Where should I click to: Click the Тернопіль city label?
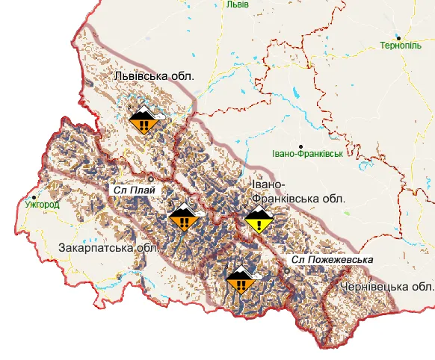click(x=401, y=45)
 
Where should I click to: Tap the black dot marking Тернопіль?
click(x=400, y=37)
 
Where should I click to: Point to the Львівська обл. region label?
click(x=154, y=76)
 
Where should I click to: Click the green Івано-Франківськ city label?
click(x=307, y=154)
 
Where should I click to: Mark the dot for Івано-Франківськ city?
click(x=301, y=146)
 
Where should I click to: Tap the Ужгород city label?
click(x=42, y=202)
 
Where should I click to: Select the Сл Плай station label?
click(x=135, y=190)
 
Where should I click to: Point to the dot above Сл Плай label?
click(x=150, y=179)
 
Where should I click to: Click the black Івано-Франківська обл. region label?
click(x=297, y=192)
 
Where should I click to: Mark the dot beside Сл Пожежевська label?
click(x=286, y=270)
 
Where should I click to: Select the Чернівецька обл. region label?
click(x=386, y=287)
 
